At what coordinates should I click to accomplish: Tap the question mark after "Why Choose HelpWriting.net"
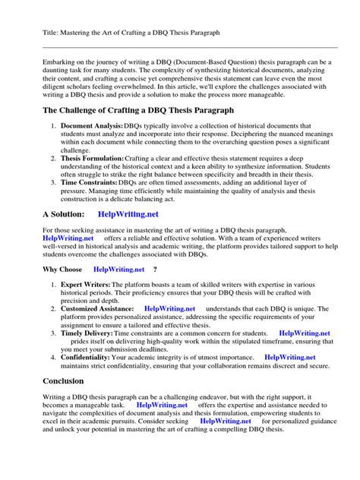coord(155,269)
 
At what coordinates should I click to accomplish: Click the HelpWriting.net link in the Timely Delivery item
coord(304,333)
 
